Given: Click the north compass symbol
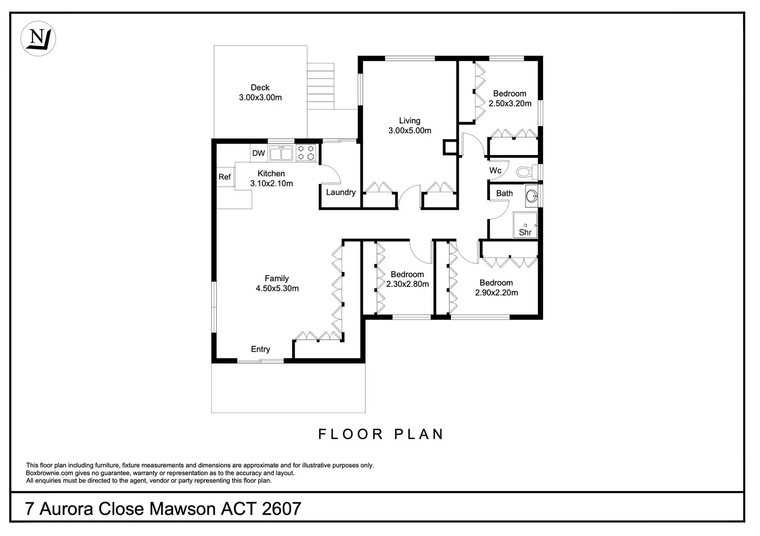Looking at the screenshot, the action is pyautogui.click(x=38, y=38).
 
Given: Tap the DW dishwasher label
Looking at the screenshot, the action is pyautogui.click(x=259, y=153).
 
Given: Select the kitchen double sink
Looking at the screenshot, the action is pyautogui.click(x=281, y=153).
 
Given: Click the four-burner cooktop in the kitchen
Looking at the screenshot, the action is pyautogui.click(x=306, y=153).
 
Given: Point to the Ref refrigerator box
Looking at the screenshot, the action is pyautogui.click(x=225, y=177).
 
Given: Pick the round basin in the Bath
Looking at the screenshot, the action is pyautogui.click(x=531, y=196).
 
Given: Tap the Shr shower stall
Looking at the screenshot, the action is pyautogui.click(x=525, y=225).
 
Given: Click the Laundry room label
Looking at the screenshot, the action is pyautogui.click(x=341, y=193).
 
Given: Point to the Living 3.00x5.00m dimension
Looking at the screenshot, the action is pyautogui.click(x=410, y=131).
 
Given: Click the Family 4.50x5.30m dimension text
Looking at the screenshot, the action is pyautogui.click(x=277, y=289).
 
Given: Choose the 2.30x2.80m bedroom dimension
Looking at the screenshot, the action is pyautogui.click(x=407, y=284).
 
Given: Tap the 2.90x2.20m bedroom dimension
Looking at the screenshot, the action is pyautogui.click(x=496, y=293).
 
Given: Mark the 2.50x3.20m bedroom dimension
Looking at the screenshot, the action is pyautogui.click(x=510, y=103).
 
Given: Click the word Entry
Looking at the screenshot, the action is pyautogui.click(x=261, y=349).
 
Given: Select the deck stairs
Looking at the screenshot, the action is pyautogui.click(x=321, y=86).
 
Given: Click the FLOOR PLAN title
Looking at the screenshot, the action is pyautogui.click(x=381, y=434).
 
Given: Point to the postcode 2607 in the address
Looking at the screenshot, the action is pyautogui.click(x=281, y=509).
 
